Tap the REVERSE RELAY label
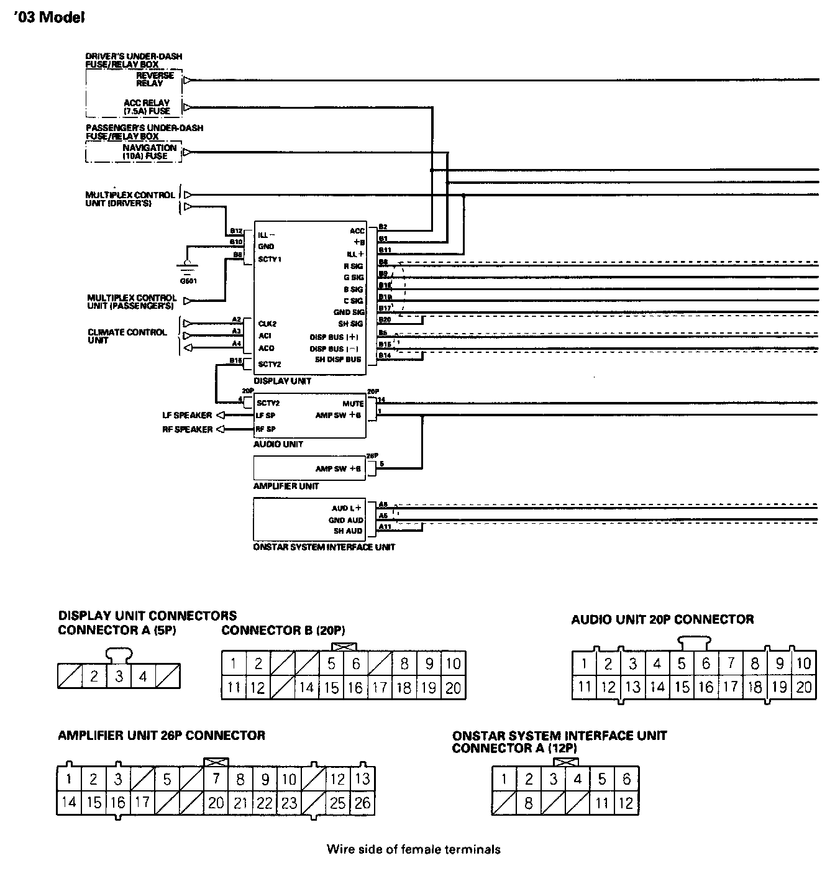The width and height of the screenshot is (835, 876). [x=155, y=80]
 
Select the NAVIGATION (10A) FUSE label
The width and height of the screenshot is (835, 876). [x=149, y=152]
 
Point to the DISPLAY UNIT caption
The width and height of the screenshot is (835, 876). [x=282, y=381]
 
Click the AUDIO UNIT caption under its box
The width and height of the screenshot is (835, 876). [x=278, y=444]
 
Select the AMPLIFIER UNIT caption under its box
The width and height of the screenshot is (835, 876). [x=286, y=486]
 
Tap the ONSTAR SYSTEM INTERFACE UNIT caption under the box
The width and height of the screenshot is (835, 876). [x=324, y=547]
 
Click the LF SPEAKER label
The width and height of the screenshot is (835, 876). [x=187, y=416]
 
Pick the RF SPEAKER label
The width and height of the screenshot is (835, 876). [x=187, y=429]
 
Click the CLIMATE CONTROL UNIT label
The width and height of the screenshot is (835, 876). [x=127, y=336]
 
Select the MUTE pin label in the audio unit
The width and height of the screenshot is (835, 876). [x=353, y=404]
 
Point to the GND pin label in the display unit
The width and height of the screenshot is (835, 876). [x=266, y=247]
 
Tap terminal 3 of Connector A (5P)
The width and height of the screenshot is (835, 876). [x=119, y=676]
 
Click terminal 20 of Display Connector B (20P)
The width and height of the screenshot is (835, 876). [x=453, y=688]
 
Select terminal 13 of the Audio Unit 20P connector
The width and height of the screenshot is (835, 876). [x=632, y=687]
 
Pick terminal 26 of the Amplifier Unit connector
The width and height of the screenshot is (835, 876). [x=362, y=803]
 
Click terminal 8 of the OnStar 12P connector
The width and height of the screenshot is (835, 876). [x=528, y=803]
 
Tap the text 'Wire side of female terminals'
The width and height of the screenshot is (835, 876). [x=413, y=849]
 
